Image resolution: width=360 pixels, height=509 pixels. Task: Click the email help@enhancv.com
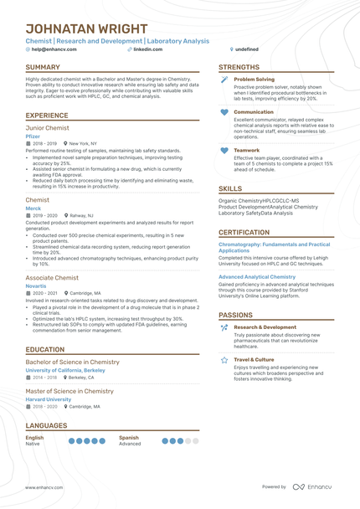coord(54,49)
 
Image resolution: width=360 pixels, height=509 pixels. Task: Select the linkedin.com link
coord(148,49)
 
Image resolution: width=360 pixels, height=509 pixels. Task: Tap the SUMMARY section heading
coord(43,68)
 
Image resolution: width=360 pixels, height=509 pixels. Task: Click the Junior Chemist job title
coord(46,127)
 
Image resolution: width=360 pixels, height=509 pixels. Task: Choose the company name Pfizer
coord(33,136)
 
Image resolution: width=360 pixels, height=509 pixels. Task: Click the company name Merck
coord(33,208)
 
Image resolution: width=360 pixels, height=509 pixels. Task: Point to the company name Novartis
coord(36,285)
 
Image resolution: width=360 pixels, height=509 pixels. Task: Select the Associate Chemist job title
coord(52,277)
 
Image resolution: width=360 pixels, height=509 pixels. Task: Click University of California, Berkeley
coord(65,369)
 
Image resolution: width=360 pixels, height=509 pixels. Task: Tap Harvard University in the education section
coord(49,399)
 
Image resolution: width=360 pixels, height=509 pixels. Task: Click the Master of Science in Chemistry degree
coord(69,391)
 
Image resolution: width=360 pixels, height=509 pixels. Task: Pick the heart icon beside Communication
coord(224,112)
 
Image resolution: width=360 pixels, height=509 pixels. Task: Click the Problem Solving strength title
coord(254,80)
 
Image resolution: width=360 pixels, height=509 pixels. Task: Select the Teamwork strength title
coord(247,151)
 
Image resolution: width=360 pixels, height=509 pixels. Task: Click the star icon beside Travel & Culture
coord(224,360)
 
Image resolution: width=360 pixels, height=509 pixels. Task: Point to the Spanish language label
coord(129,437)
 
